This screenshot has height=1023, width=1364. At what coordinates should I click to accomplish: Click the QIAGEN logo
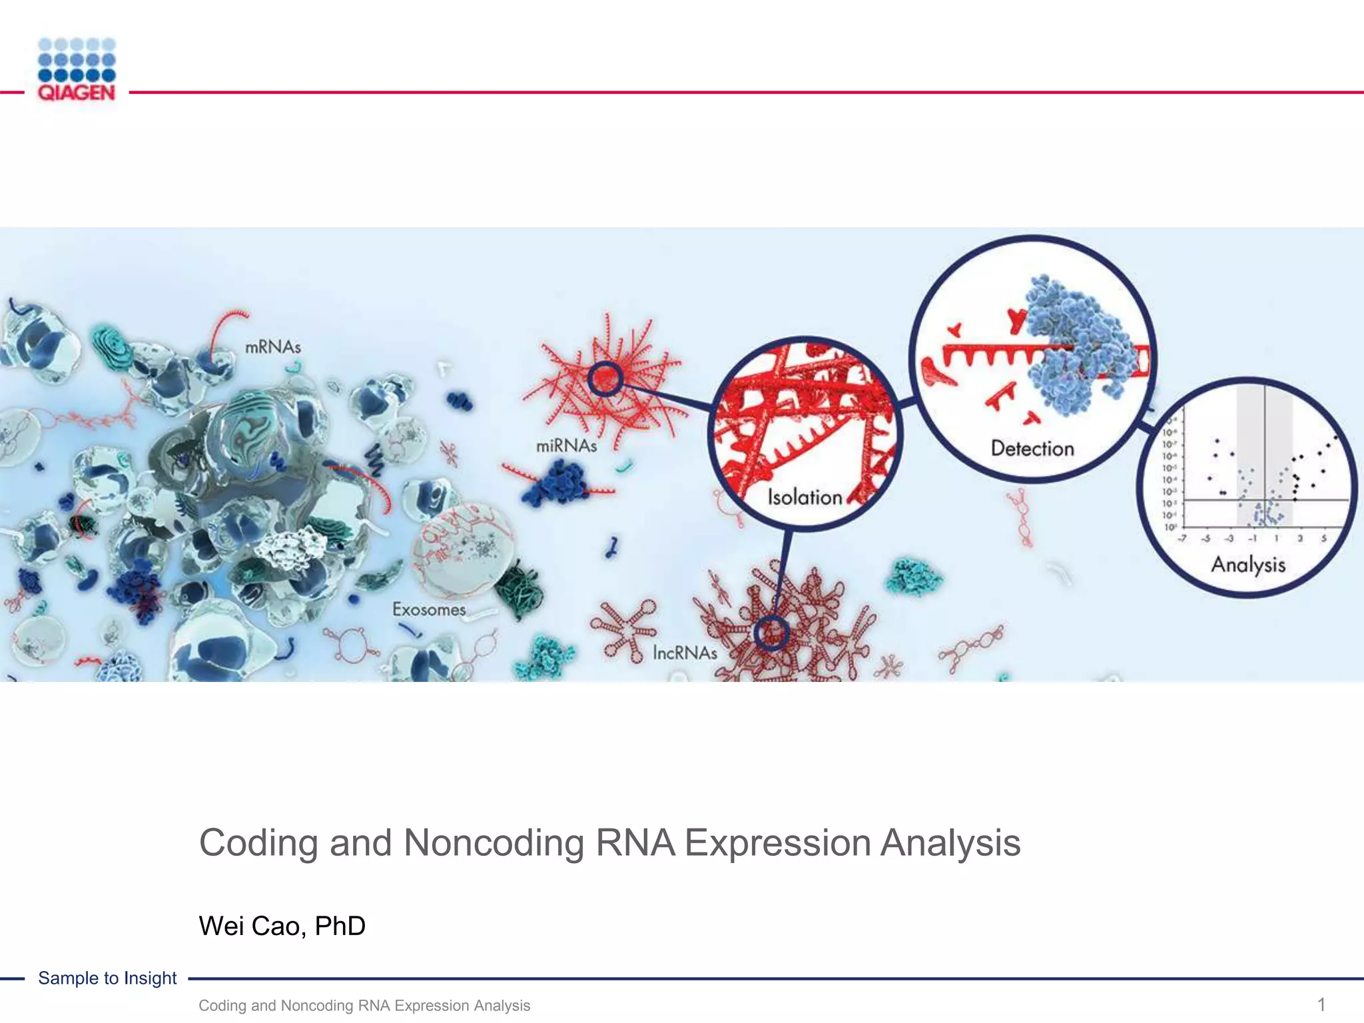click(x=77, y=70)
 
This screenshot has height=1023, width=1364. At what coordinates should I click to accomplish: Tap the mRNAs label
click(x=273, y=347)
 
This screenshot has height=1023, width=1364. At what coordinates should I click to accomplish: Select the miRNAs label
click(x=566, y=446)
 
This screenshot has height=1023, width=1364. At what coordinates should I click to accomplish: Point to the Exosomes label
click(x=428, y=609)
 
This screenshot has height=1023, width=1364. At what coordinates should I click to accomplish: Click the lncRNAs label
click(x=685, y=653)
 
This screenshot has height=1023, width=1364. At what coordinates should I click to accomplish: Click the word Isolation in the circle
click(x=805, y=498)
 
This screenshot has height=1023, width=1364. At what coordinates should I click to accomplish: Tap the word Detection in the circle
click(x=1032, y=448)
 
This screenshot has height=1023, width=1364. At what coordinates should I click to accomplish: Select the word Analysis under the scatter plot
click(x=1248, y=565)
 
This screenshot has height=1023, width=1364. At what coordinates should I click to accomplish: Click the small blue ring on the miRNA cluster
click(x=605, y=380)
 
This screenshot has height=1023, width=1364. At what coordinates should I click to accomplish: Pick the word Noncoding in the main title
click(x=494, y=843)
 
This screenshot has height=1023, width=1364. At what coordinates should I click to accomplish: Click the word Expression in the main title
click(x=778, y=843)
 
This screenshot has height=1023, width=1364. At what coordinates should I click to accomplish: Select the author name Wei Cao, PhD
click(x=282, y=926)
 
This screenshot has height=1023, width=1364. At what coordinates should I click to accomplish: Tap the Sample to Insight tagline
click(x=107, y=978)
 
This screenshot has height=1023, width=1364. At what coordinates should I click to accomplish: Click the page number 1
click(x=1321, y=1004)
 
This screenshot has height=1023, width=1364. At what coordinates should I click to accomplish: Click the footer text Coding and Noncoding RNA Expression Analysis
click(x=364, y=1006)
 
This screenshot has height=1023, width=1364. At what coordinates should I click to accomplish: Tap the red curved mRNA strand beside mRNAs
click(x=223, y=330)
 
